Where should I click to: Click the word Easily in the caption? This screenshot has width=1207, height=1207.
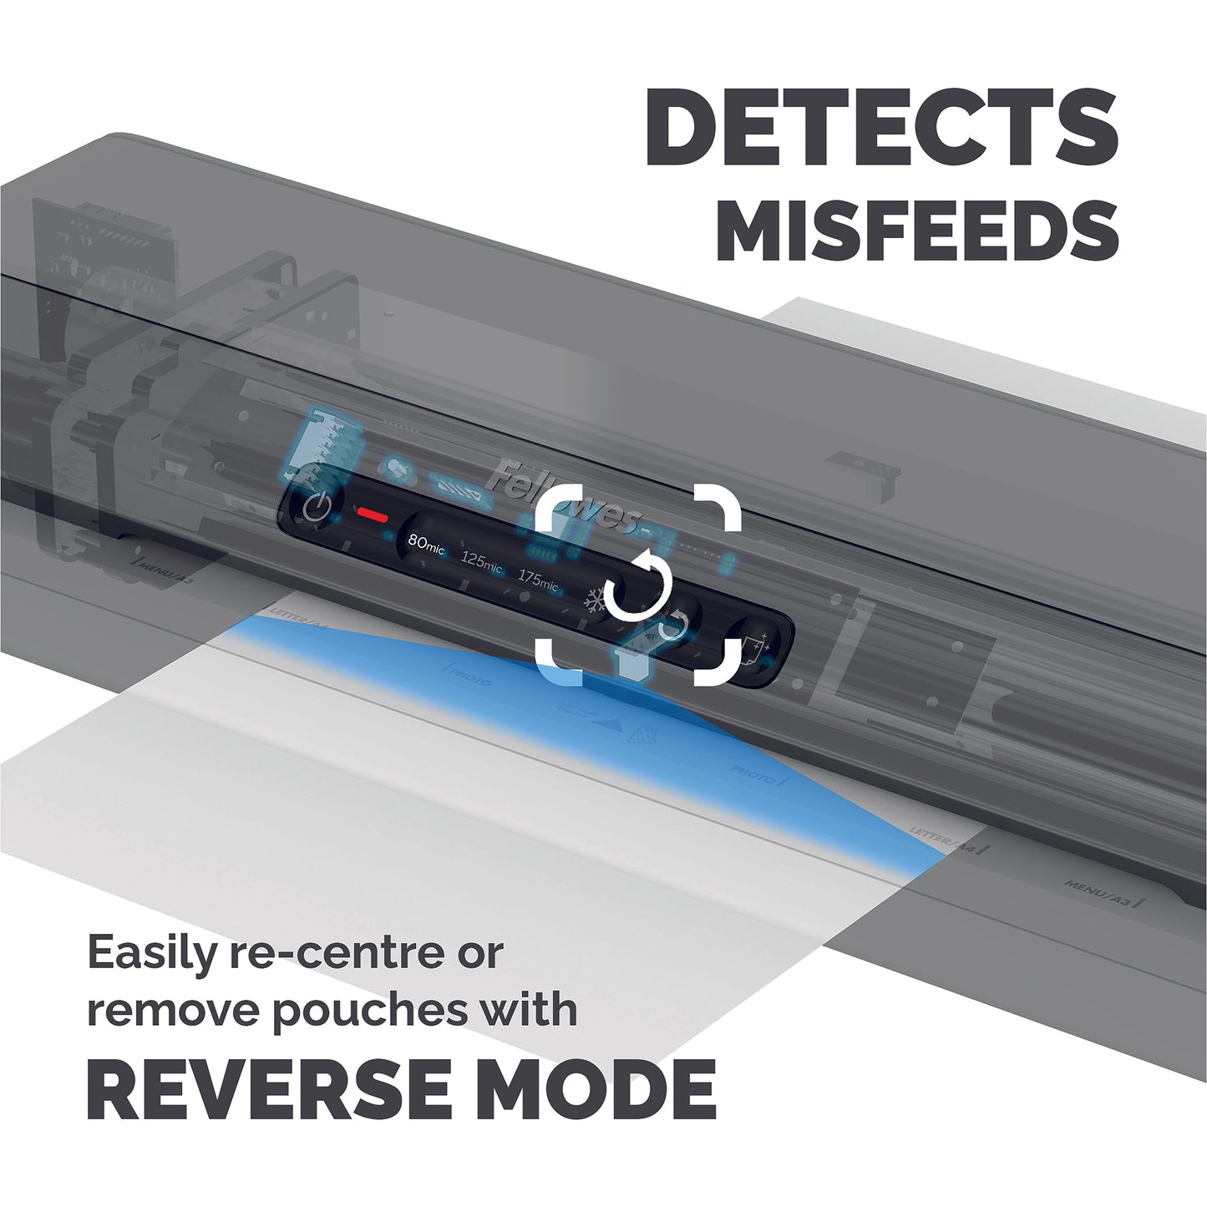click(150, 953)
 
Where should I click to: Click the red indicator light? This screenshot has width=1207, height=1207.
click(370, 515)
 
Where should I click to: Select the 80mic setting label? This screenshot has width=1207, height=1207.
click(426, 543)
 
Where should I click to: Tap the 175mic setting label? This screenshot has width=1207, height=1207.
click(537, 578)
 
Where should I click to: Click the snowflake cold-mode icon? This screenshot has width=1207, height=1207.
click(594, 601)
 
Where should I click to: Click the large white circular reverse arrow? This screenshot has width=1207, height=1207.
click(639, 585)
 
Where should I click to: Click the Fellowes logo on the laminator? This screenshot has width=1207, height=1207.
click(564, 499)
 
